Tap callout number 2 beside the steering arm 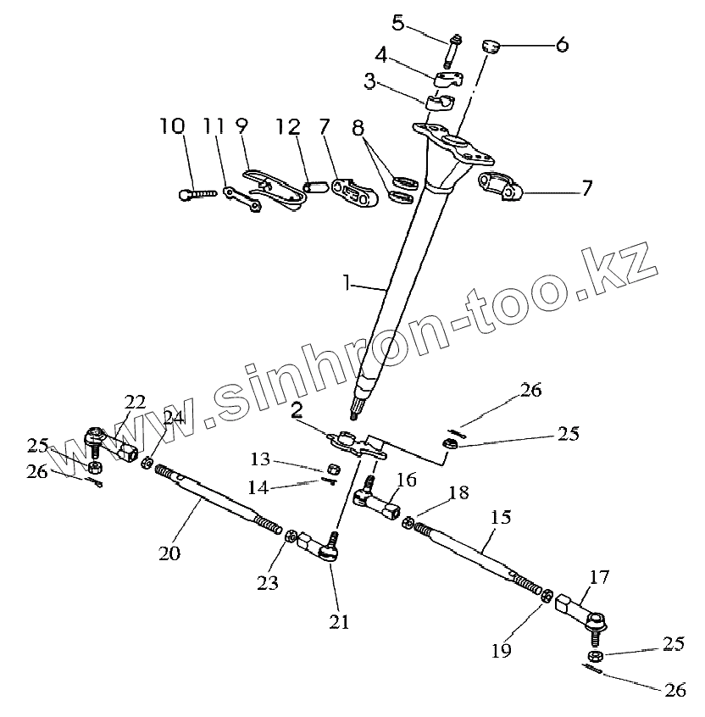coord(297,412)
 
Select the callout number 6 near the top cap coord(563,44)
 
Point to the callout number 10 coord(171,127)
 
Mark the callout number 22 coord(135,400)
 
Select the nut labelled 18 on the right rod coord(408,522)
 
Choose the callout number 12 coord(287,127)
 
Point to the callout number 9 coord(241,127)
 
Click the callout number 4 coord(381,57)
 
